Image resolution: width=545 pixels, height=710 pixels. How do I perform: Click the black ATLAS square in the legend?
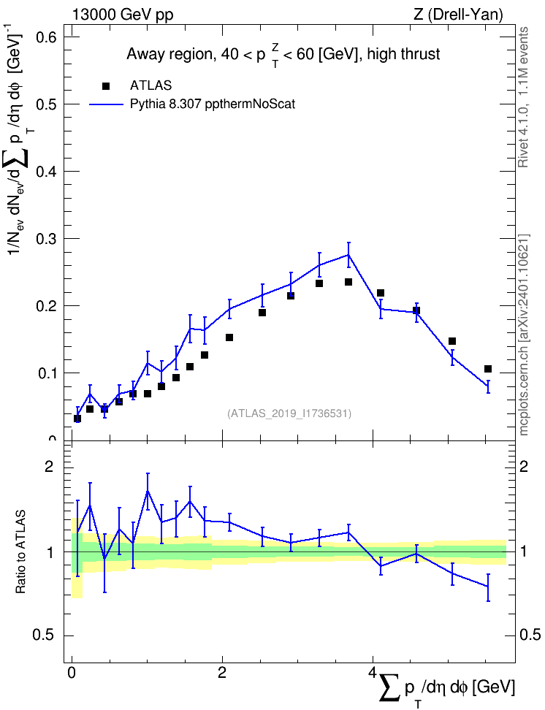coord(106,85)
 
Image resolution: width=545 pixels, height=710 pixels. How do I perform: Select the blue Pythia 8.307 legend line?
coord(106,104)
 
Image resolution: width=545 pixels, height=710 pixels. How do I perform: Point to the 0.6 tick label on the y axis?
coord(46,37)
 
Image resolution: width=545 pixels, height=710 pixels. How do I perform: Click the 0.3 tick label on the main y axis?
coord(46,238)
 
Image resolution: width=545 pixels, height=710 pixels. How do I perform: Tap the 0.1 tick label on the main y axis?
coord(46,373)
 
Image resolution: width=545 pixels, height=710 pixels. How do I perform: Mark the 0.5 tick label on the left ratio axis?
coord(44,635)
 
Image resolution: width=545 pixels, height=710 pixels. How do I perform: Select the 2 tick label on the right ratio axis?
coord(524,467)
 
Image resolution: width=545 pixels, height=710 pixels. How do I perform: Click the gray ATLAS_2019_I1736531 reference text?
coord(289,413)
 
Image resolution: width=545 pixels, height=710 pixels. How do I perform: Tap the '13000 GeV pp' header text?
coord(122,15)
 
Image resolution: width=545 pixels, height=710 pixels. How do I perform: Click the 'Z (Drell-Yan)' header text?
coord(458,15)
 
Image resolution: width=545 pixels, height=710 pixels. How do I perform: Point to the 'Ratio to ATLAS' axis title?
coord(20,551)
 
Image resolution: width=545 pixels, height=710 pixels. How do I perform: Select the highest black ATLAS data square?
coord(348,282)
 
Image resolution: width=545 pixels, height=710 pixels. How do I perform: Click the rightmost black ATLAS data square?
coord(488,369)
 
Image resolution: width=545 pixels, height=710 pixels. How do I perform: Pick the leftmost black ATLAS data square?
coord(77,419)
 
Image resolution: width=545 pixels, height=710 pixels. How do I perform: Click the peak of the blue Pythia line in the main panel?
coord(348,254)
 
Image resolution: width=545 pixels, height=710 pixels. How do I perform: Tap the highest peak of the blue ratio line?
coord(148,490)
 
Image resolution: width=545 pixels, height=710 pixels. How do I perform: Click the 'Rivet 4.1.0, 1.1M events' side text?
coord(523,97)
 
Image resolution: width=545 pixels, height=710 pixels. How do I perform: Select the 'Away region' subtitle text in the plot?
coord(169,55)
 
